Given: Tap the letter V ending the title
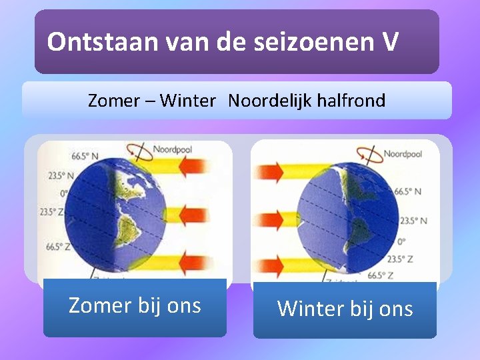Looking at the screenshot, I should pos(391,43).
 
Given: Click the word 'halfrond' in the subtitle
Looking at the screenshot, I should pos(352,101).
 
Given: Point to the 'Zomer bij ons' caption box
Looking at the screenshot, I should pos(135,307).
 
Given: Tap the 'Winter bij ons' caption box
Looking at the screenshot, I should pos(345,309).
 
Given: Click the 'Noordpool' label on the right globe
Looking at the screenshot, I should pos(403,154).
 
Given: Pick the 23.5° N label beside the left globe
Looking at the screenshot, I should pos(58,177).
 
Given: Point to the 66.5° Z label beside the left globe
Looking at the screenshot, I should pos(59,247).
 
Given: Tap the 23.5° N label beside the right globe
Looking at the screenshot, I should pos(414,221).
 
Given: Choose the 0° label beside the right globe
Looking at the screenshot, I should pos(401,241).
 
